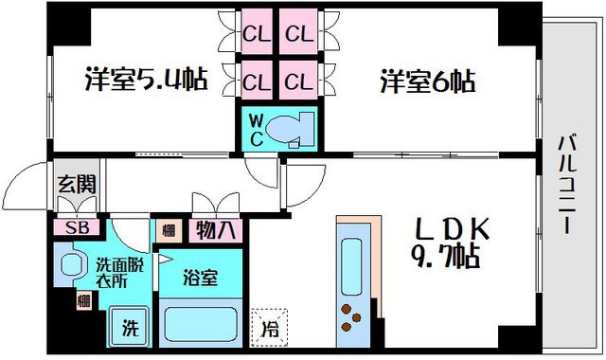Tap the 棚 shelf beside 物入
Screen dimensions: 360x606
point(168,229)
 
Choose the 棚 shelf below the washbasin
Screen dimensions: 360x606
point(83,302)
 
